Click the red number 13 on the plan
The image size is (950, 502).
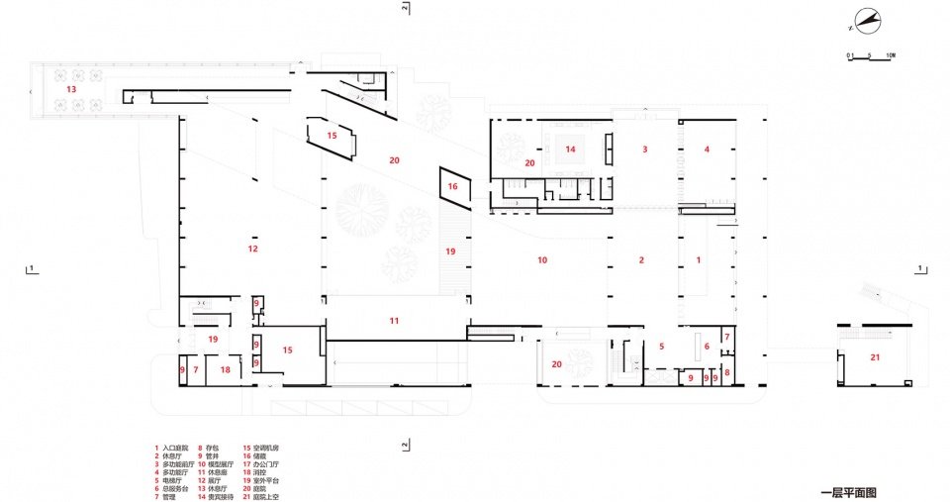[70, 89]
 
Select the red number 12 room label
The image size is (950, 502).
[253, 249]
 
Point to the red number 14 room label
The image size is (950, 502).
[570, 150]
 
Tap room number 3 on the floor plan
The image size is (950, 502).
[645, 150]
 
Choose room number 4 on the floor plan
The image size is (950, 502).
[707, 150]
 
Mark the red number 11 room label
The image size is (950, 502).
[394, 320]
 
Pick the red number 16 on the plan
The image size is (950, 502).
[452, 186]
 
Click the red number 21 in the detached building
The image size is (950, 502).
[875, 356]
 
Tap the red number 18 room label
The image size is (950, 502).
[226, 370]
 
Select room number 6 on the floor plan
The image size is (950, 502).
[707, 346]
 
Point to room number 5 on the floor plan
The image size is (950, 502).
[661, 346]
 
